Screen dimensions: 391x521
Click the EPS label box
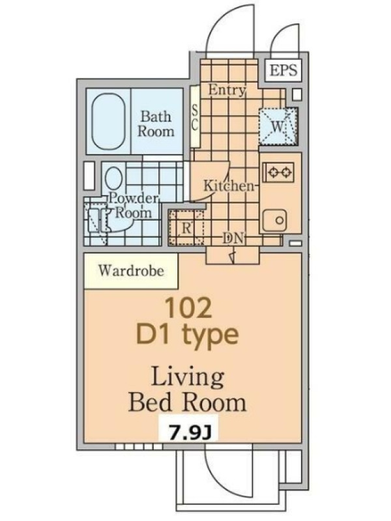pos(283,70)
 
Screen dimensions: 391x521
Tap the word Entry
pos(227,90)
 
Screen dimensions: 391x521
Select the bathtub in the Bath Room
pos(109,121)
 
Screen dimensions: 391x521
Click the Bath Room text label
pos(156,124)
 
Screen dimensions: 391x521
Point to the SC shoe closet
pos(195,117)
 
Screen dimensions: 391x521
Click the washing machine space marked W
pos(278,126)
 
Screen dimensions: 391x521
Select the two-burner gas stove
pos(279,172)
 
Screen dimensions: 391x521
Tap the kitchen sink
pos(273,221)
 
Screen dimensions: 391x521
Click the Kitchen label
pos(228,186)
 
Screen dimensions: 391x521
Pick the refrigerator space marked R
pos(186,227)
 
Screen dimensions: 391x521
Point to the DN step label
pos(233,238)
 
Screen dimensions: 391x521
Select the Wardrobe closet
pos(131,271)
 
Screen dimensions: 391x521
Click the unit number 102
pos(188,308)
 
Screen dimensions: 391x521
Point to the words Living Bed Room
pos(188,389)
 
